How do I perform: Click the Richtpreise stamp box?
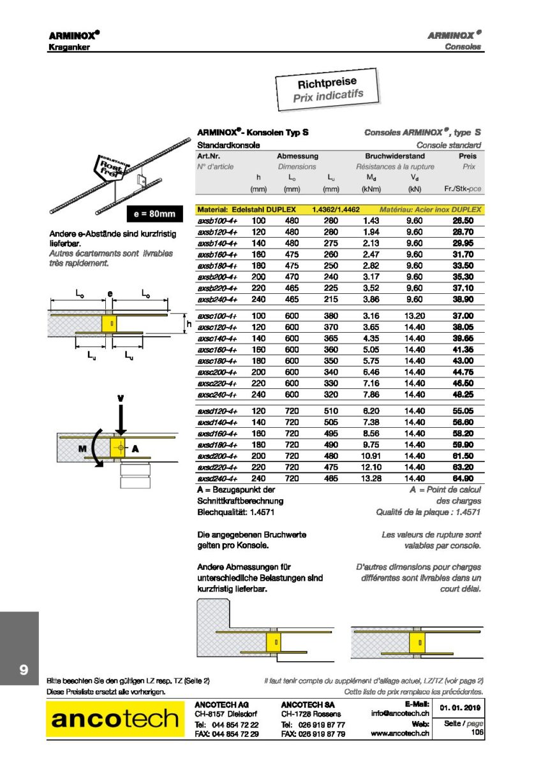(x=328, y=91)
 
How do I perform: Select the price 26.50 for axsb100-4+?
(x=463, y=220)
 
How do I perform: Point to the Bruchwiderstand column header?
(x=395, y=156)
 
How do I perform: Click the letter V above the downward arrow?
(x=120, y=399)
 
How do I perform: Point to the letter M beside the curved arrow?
(x=82, y=449)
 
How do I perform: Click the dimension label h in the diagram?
(x=189, y=324)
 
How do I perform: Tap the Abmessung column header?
(x=297, y=156)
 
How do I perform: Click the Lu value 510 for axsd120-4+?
(x=330, y=412)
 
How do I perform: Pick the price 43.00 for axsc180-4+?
(x=463, y=361)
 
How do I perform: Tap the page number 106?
(x=477, y=733)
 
